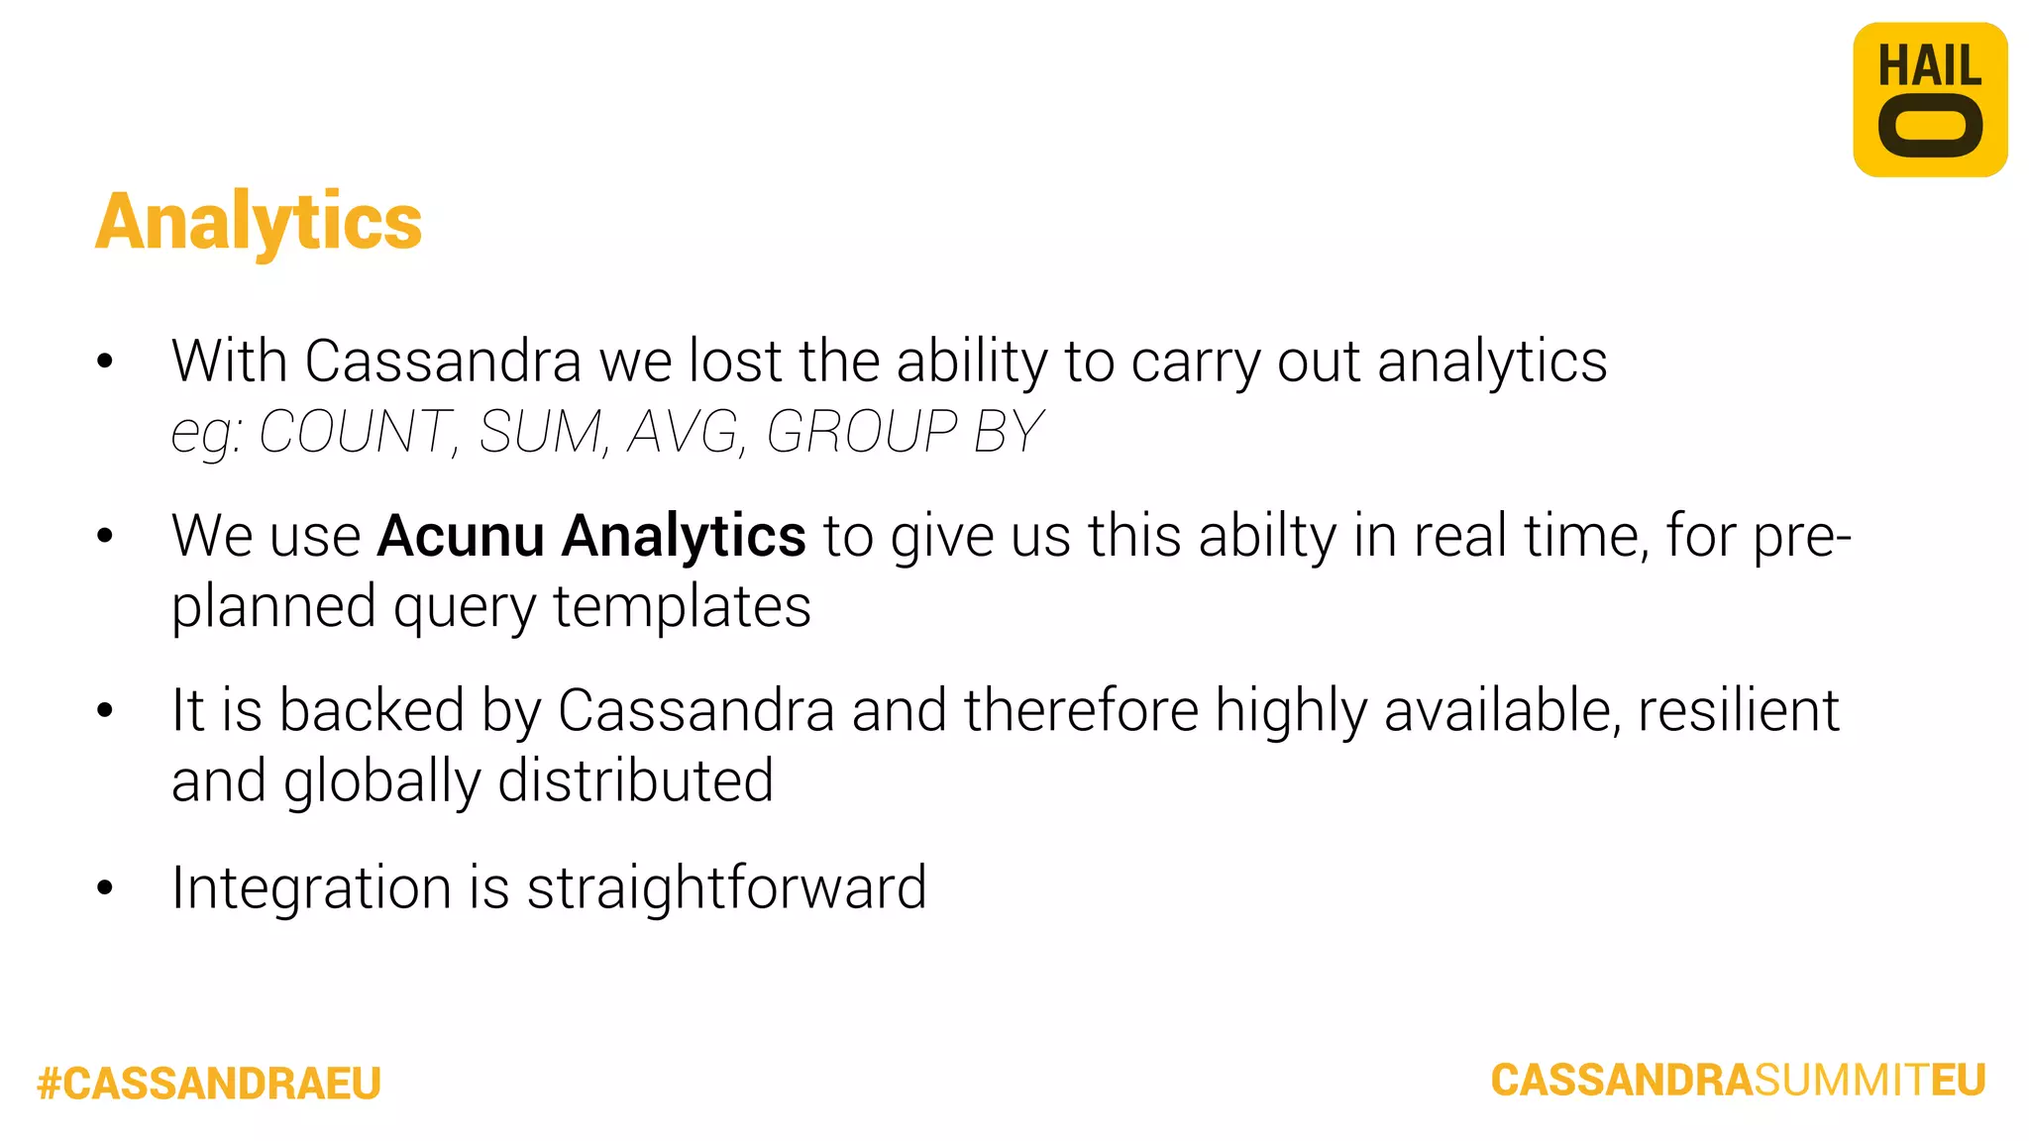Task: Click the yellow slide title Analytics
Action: (259, 222)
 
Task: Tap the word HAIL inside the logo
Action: (1929, 67)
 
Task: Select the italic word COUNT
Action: (355, 432)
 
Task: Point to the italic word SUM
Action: (541, 432)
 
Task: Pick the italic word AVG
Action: (685, 432)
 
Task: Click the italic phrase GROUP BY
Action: (905, 432)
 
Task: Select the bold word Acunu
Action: (461, 536)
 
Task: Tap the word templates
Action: (682, 606)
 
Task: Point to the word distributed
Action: (635, 780)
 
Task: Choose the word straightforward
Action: (726, 887)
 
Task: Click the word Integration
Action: (311, 888)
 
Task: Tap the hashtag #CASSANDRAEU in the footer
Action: (209, 1084)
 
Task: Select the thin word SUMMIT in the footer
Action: (1842, 1080)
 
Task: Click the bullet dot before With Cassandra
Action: (105, 362)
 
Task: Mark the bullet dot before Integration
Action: (105, 887)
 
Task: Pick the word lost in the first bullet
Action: (735, 361)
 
